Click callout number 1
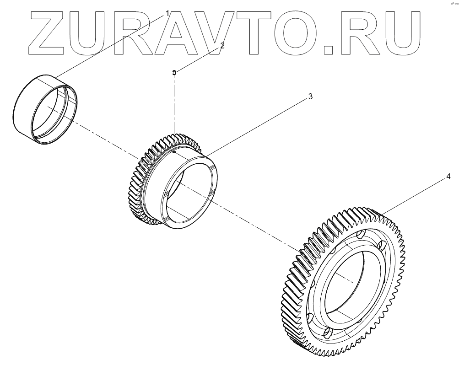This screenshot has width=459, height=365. point(167,13)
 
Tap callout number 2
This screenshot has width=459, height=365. point(222,45)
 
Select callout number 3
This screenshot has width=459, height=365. point(310,97)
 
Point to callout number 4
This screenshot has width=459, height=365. point(448,176)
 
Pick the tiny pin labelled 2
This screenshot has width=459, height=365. point(174,72)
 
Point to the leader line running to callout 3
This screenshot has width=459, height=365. point(256,123)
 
